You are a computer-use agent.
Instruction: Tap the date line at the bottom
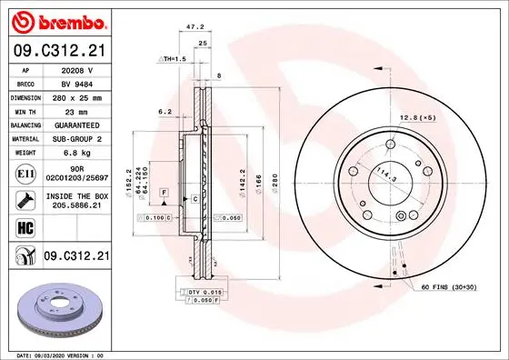click(56, 354)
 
